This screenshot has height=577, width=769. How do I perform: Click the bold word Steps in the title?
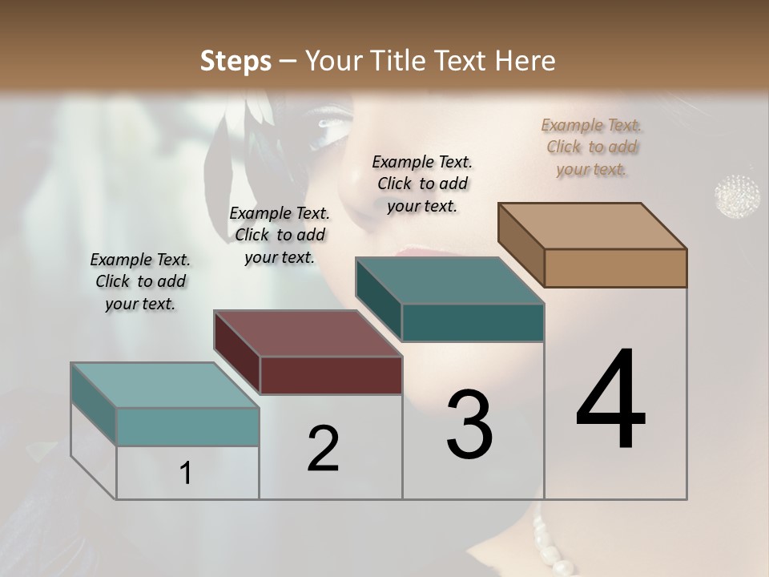tap(236, 61)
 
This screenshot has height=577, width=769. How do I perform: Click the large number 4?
tap(610, 401)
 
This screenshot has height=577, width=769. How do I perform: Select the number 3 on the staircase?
tap(469, 425)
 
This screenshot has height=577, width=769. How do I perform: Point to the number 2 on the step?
tap(323, 449)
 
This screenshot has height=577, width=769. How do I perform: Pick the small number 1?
tap(186, 473)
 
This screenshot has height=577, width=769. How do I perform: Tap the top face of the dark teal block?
tap(450, 280)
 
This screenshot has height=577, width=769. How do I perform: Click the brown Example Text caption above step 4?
tap(592, 147)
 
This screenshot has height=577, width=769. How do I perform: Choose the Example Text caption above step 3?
tap(422, 184)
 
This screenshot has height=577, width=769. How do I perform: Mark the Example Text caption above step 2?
tap(280, 235)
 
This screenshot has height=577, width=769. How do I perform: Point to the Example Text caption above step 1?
tap(140, 281)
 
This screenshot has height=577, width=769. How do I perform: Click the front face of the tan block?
tap(615, 268)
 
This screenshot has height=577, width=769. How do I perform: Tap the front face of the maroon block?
tap(331, 375)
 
